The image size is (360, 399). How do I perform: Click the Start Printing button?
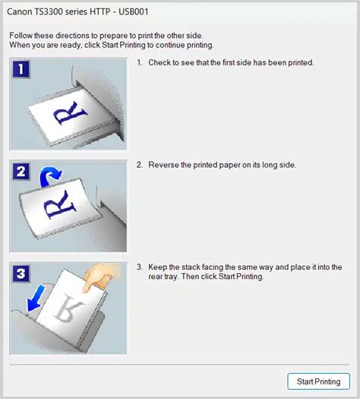pyautogui.click(x=318, y=382)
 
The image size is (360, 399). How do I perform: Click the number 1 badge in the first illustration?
pyautogui.click(x=21, y=69)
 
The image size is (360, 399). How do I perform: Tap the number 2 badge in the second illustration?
pyautogui.click(x=21, y=171)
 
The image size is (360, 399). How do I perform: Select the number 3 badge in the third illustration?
pyautogui.click(x=21, y=274)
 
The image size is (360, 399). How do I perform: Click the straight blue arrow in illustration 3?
pyautogui.click(x=36, y=298)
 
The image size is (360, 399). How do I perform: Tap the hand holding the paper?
pyautogui.click(x=102, y=278)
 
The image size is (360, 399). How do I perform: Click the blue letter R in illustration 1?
pyautogui.click(x=70, y=113)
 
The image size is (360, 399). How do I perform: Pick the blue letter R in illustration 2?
pyautogui.click(x=60, y=205)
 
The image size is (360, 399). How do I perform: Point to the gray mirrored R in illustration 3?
pyautogui.click(x=68, y=308)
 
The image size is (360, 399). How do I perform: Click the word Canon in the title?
pyautogui.click(x=19, y=11)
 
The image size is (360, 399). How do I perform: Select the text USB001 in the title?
pyautogui.click(x=133, y=11)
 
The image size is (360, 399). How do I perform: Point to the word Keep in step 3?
pyautogui.click(x=157, y=267)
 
